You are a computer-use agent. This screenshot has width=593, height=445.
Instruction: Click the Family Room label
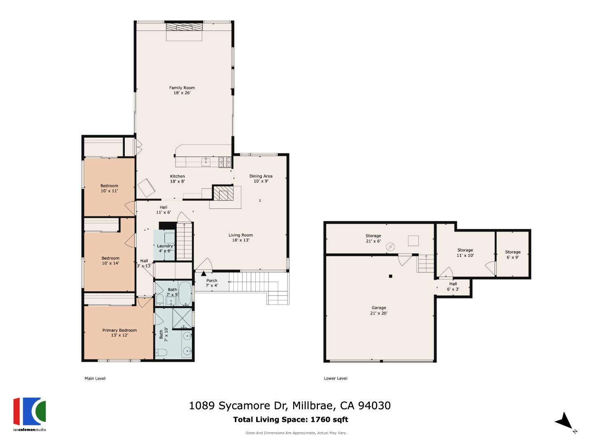(x=182, y=90)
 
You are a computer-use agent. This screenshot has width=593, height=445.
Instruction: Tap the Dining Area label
(x=261, y=178)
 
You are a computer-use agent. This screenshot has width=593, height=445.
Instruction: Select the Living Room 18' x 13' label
(x=240, y=238)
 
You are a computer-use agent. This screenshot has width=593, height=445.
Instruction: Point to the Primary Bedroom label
(x=119, y=333)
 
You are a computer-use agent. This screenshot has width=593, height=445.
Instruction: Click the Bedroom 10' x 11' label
(x=110, y=188)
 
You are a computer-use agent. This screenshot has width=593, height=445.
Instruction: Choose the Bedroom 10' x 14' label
(x=110, y=260)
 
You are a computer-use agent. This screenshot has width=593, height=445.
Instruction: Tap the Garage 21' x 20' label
(x=379, y=310)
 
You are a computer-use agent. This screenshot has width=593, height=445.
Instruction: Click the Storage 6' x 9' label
(x=513, y=254)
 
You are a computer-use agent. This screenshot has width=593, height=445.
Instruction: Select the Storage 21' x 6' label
(x=373, y=238)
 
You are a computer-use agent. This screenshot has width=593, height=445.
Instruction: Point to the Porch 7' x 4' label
(x=212, y=283)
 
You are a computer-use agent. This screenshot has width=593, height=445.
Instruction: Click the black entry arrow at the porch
(x=203, y=273)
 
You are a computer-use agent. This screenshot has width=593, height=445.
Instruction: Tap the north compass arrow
(x=564, y=422)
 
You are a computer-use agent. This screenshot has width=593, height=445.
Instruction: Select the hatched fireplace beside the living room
(x=223, y=193)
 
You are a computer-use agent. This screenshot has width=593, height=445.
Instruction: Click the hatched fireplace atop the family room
(x=184, y=27)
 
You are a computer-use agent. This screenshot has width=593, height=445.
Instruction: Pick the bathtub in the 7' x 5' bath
(x=185, y=293)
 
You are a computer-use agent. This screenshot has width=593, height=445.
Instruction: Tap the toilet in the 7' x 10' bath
(x=161, y=352)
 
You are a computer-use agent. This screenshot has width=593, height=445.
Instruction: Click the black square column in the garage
(x=390, y=276)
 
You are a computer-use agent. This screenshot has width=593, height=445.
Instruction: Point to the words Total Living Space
(x=270, y=419)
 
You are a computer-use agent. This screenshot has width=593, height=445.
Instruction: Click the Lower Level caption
(x=336, y=378)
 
